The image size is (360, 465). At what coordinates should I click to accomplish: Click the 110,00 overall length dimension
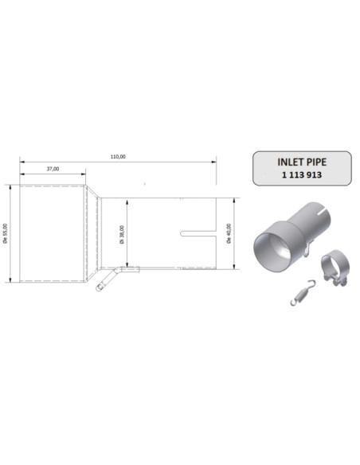(x=117, y=157)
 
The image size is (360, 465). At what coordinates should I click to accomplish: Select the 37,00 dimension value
(x=53, y=169)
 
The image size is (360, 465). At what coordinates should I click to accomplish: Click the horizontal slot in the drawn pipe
(x=198, y=233)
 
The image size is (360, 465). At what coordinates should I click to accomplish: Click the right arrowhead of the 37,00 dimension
(x=85, y=174)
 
